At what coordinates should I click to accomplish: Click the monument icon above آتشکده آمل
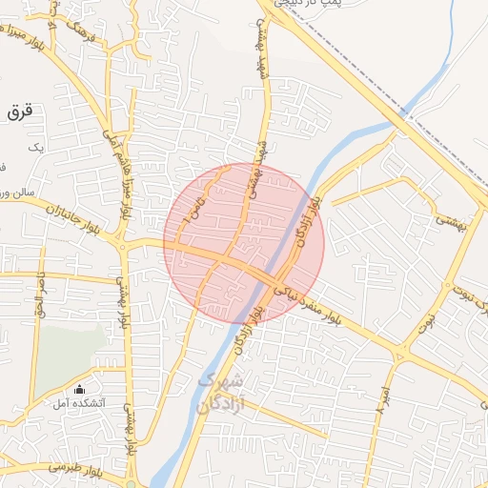[x=79, y=389]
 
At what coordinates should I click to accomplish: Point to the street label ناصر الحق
[x=39, y=295]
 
